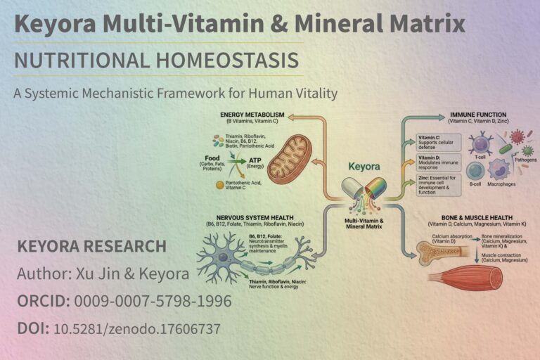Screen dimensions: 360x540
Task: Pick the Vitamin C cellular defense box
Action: click(437, 143)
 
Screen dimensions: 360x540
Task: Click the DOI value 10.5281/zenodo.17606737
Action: click(137, 328)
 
